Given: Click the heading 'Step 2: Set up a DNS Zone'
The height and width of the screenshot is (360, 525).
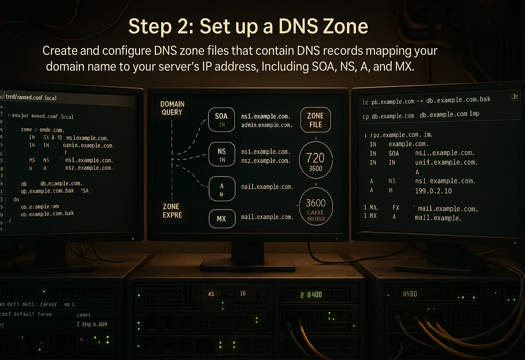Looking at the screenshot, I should click(248, 27).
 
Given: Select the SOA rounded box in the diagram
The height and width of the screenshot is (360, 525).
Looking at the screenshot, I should click(221, 120).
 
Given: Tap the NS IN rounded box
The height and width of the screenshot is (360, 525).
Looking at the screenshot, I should click(222, 155).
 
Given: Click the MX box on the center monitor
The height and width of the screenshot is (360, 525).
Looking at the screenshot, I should click(222, 219).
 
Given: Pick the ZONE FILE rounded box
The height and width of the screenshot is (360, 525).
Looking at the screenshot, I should click(316, 120).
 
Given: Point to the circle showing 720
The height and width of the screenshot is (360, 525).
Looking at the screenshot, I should click(316, 160).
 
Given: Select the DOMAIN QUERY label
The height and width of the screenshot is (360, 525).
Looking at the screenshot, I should click(172, 108).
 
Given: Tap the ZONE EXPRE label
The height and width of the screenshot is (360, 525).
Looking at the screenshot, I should click(172, 211).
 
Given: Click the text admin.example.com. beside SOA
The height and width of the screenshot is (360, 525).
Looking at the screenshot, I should click(267, 125).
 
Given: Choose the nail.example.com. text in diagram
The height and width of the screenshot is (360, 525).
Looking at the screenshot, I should click(267, 187).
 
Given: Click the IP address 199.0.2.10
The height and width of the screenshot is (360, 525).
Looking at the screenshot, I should click(433, 191).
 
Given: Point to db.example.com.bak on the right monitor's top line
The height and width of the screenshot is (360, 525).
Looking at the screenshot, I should click(458, 100).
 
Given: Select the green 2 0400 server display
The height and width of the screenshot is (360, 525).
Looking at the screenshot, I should click(311, 295).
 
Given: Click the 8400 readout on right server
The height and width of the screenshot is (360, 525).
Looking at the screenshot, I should click(410, 294).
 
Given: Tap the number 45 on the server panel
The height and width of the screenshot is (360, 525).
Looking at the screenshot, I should click(211, 294).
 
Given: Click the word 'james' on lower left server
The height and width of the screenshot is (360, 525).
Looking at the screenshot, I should click(83, 315).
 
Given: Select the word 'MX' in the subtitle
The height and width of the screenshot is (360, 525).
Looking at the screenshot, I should click(404, 66).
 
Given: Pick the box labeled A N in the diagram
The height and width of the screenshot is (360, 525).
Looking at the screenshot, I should click(222, 189).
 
